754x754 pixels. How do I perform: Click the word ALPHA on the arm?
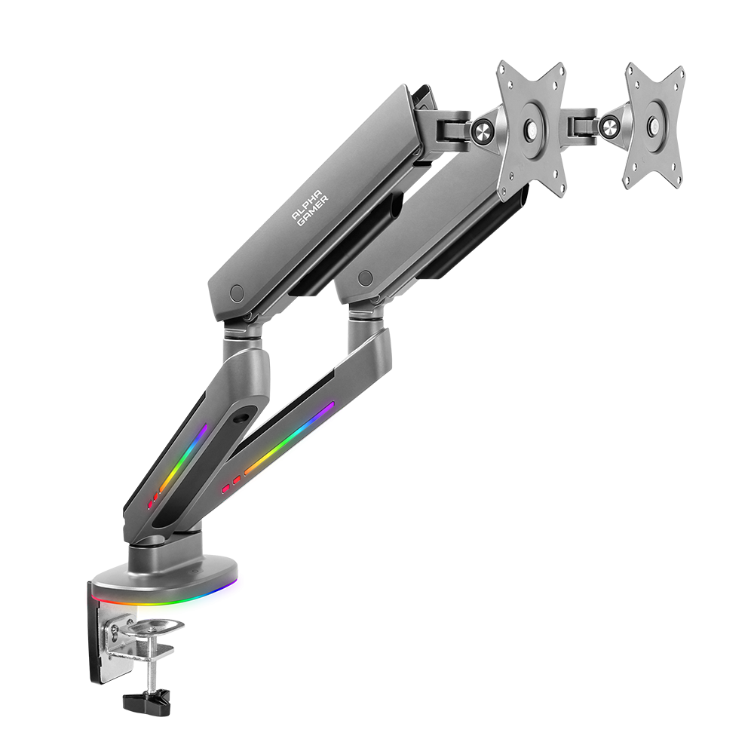tap(307, 205)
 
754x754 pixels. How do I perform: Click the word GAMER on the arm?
tap(313, 210)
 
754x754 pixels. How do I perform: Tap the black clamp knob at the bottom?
tap(146, 702)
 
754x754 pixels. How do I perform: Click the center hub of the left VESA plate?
tap(531, 129)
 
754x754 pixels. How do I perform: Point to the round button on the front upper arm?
tap(237, 293)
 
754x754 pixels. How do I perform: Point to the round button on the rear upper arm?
tap(366, 277)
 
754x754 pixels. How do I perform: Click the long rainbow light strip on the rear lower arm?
tap(289, 439)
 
